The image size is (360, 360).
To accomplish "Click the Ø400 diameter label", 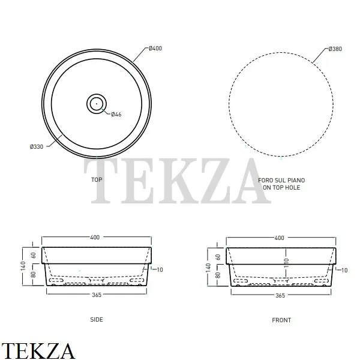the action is point(155,48).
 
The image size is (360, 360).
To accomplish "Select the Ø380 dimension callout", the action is point(335,49).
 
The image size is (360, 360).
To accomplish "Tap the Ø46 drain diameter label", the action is point(116,115).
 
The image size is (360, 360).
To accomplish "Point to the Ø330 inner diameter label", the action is point(37,146).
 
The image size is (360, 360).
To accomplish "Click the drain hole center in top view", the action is point(97,104).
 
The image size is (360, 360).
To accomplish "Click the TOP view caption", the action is point(97,179).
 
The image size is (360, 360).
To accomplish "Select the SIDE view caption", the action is point(97,319).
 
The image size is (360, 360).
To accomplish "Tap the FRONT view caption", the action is point(281,320).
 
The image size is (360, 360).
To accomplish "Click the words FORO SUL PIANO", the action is point(281,180).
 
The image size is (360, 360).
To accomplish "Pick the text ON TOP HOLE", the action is point(281,188).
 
